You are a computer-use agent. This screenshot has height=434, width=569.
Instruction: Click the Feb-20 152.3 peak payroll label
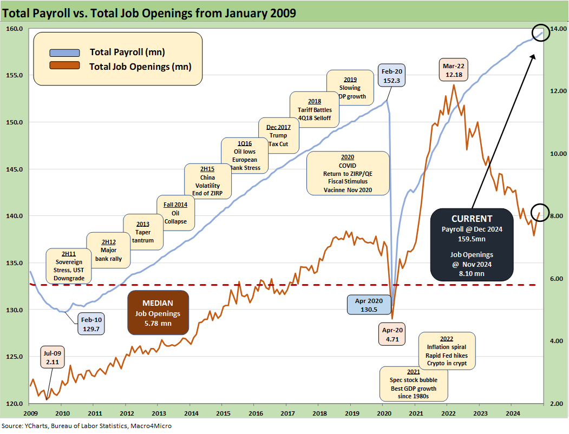pyautogui.click(x=391, y=76)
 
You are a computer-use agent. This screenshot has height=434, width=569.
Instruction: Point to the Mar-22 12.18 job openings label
pyautogui.click(x=454, y=71)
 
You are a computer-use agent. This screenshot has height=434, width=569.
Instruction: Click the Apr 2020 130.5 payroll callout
pyautogui.click(x=369, y=305)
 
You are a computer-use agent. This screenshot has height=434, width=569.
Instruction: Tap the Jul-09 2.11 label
pyautogui.click(x=53, y=358)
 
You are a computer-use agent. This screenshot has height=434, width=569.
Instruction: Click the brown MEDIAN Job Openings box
pyautogui.click(x=158, y=313)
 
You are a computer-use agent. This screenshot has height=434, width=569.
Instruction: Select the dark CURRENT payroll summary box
pyautogui.click(x=472, y=244)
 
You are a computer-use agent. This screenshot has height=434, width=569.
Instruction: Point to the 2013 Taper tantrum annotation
pyautogui.click(x=143, y=232)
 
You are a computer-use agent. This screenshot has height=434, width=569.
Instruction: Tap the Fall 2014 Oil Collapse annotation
pyautogui.click(x=175, y=213)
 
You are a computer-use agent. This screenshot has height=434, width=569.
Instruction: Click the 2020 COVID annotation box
pyautogui.click(x=348, y=173)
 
